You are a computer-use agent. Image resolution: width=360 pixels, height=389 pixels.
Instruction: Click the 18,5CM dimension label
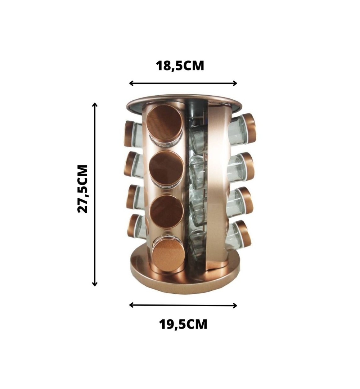pyautogui.click(x=180, y=66)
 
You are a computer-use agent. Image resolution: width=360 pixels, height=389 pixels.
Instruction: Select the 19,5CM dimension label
pyautogui.click(x=183, y=324)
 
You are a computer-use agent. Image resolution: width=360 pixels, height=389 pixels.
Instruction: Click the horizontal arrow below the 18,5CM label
pyautogui.click(x=183, y=83)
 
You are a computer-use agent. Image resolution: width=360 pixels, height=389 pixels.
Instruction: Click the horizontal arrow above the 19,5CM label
pyautogui.click(x=183, y=305)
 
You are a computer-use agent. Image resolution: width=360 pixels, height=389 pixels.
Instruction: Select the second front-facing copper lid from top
pyautogui.click(x=167, y=168)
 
